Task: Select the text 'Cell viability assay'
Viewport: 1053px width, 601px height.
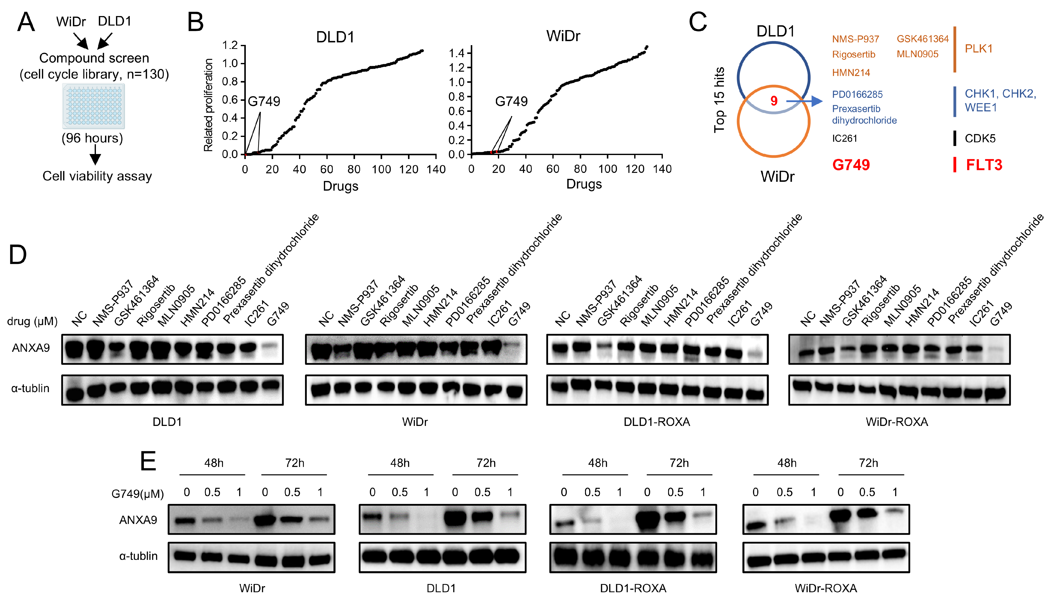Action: tap(97, 176)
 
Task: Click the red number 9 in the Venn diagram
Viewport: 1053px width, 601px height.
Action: tap(774, 101)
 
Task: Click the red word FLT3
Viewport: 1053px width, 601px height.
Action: tap(984, 165)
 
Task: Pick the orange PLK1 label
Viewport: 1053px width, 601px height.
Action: tap(978, 49)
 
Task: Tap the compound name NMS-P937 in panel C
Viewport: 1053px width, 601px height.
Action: tap(855, 39)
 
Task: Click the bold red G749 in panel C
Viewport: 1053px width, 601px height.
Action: tap(851, 165)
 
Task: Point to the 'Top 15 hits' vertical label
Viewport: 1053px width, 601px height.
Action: tap(719, 100)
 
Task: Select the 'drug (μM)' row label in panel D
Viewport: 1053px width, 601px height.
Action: tap(32, 321)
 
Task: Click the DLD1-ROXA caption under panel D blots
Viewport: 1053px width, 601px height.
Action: tap(656, 422)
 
